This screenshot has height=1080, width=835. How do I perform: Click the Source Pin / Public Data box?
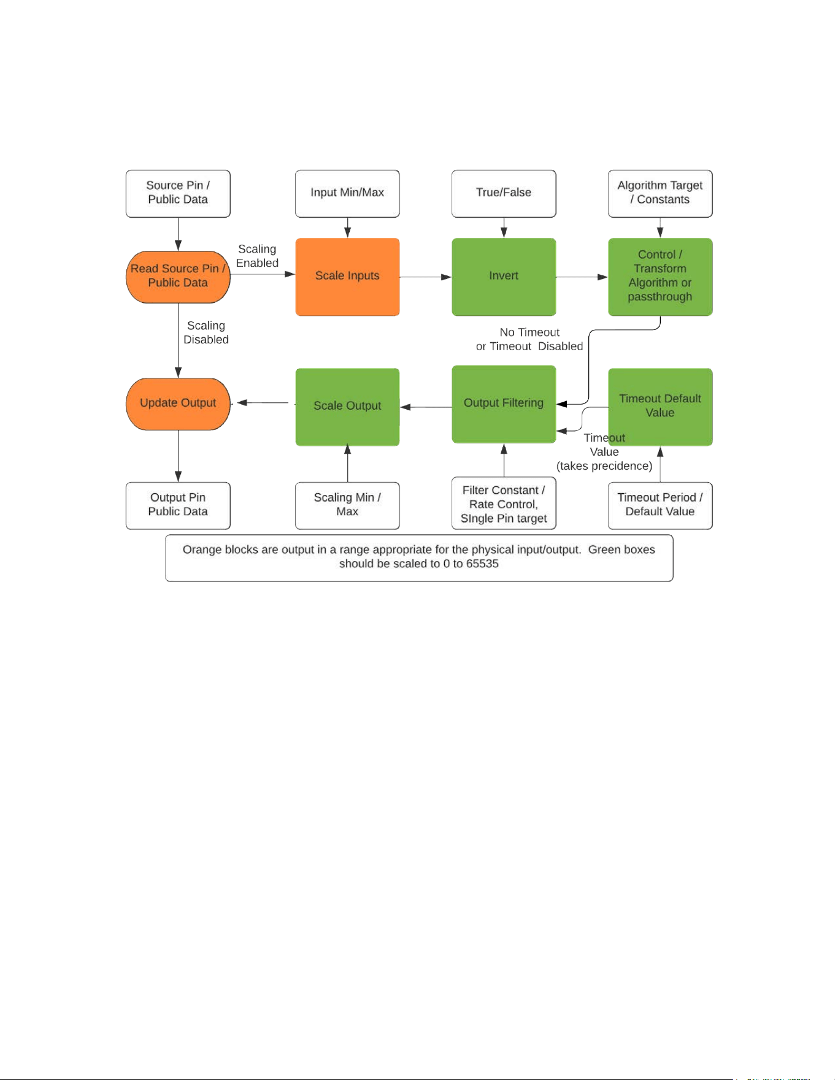(x=178, y=194)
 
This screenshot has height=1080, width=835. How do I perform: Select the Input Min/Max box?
(x=347, y=194)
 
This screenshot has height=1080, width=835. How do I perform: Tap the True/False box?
(x=504, y=194)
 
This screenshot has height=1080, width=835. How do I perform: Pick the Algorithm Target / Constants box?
(x=660, y=194)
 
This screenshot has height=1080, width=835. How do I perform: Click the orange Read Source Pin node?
(x=178, y=277)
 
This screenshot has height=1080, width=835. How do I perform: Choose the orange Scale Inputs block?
(x=347, y=277)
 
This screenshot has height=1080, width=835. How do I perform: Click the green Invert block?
(x=504, y=277)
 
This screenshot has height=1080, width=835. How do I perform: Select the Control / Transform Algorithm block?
(x=660, y=277)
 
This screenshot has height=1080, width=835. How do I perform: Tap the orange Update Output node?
(x=178, y=404)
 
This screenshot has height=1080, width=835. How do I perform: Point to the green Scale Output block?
(x=347, y=407)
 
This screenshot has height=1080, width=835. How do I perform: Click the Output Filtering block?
(x=504, y=404)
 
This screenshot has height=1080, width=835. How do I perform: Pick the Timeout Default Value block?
(x=660, y=407)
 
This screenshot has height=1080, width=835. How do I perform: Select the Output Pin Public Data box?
(x=178, y=506)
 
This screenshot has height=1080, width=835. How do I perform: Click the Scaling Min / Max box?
(x=347, y=506)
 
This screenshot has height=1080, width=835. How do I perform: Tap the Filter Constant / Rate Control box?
(x=504, y=504)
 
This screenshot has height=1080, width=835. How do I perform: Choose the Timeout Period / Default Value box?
(x=660, y=506)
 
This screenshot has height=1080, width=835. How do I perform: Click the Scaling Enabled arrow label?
(x=257, y=256)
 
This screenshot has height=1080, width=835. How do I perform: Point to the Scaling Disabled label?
(x=206, y=332)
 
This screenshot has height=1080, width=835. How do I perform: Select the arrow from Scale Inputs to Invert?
(x=426, y=277)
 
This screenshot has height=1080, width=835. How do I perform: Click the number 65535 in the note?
(x=482, y=564)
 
